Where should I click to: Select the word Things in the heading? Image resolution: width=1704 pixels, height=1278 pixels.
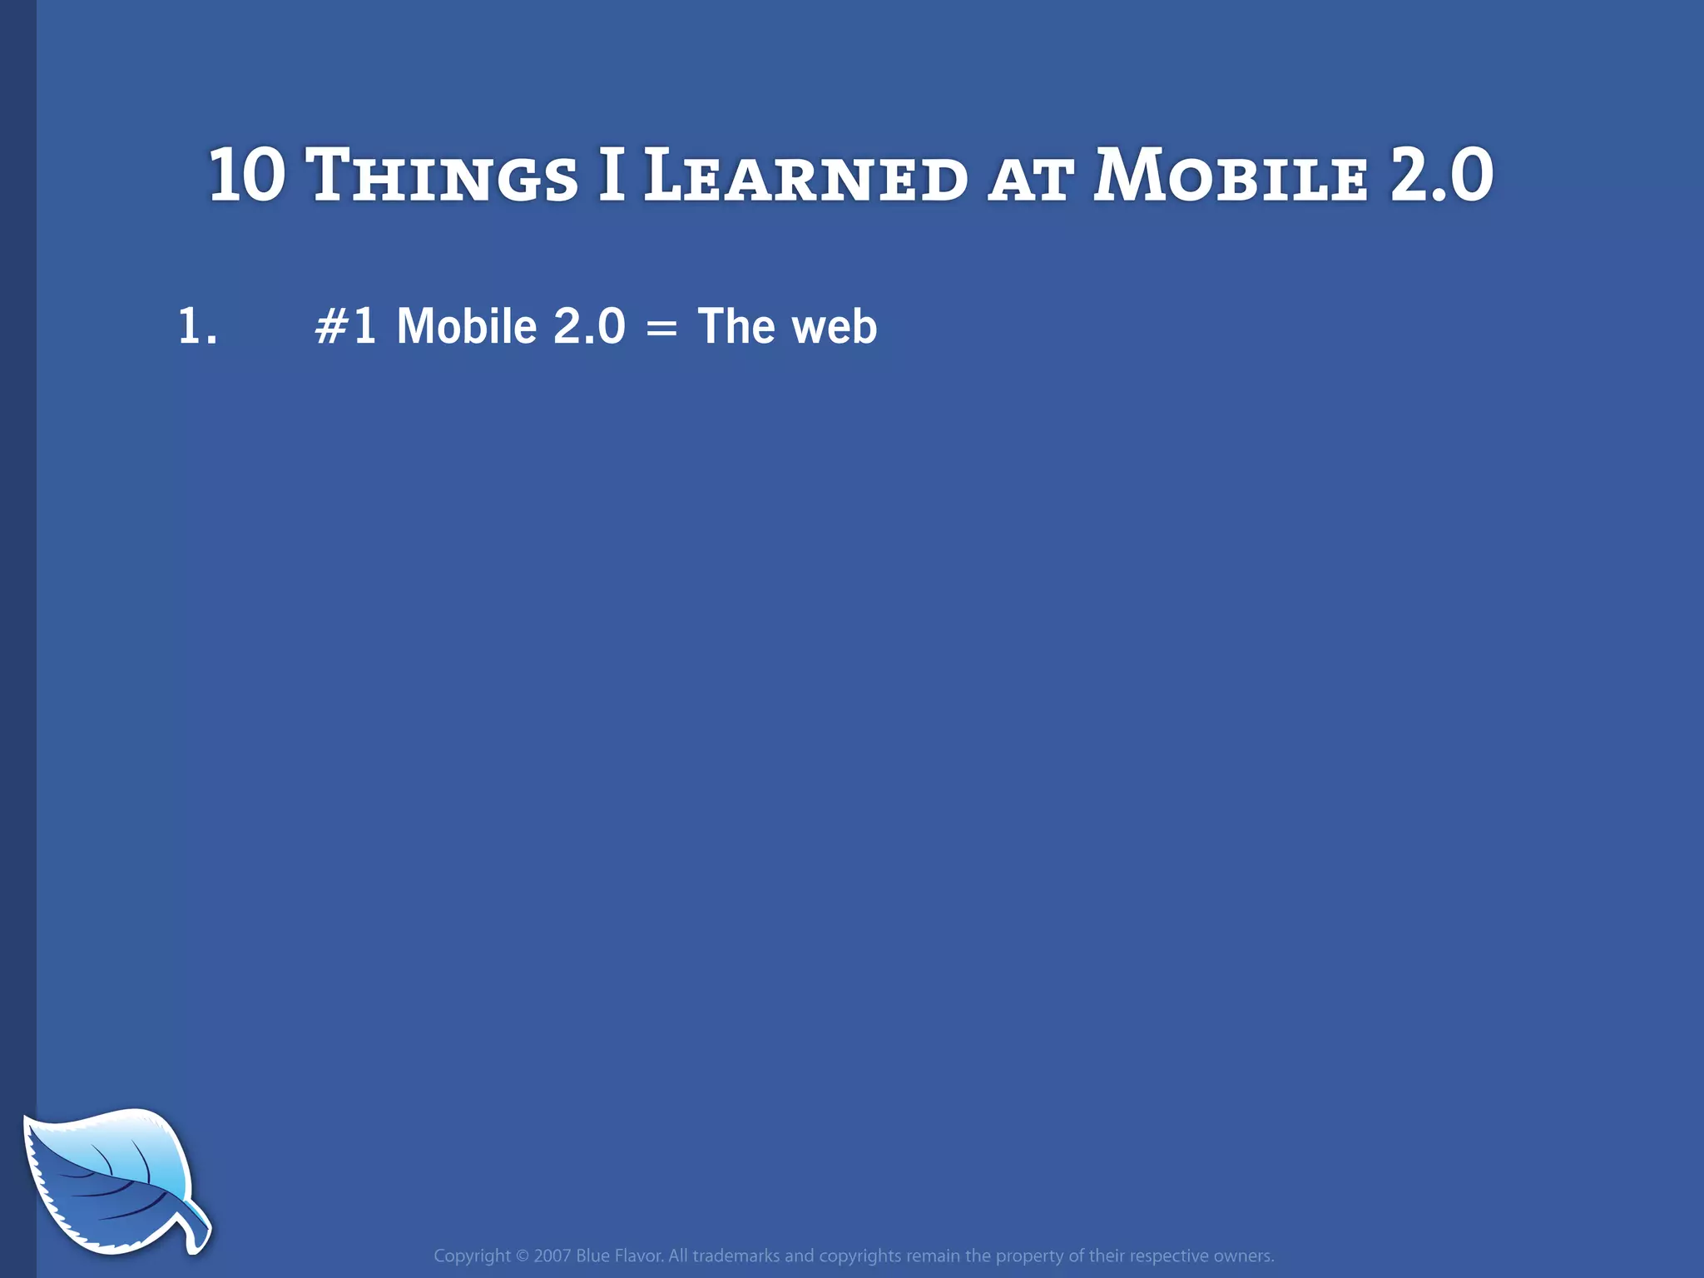pyautogui.click(x=442, y=176)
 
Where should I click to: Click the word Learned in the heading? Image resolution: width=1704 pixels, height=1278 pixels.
pyautogui.click(x=805, y=176)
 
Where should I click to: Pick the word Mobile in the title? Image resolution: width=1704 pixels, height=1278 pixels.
pyautogui.click(x=1230, y=176)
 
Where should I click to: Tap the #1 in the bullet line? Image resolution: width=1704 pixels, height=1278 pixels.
pyautogui.click(x=345, y=325)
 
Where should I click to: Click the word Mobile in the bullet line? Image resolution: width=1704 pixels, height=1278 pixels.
pyautogui.click(x=467, y=325)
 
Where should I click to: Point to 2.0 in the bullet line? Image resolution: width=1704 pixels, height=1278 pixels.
pyautogui.click(x=589, y=325)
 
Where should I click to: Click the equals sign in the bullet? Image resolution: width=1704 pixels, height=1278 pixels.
pyautogui.click(x=661, y=328)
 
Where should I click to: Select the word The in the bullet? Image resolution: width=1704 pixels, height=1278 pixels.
pyautogui.click(x=736, y=325)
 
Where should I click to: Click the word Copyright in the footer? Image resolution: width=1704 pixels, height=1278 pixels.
pyautogui.click(x=472, y=1256)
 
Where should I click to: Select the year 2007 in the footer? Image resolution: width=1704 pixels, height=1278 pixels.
pyautogui.click(x=552, y=1256)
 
